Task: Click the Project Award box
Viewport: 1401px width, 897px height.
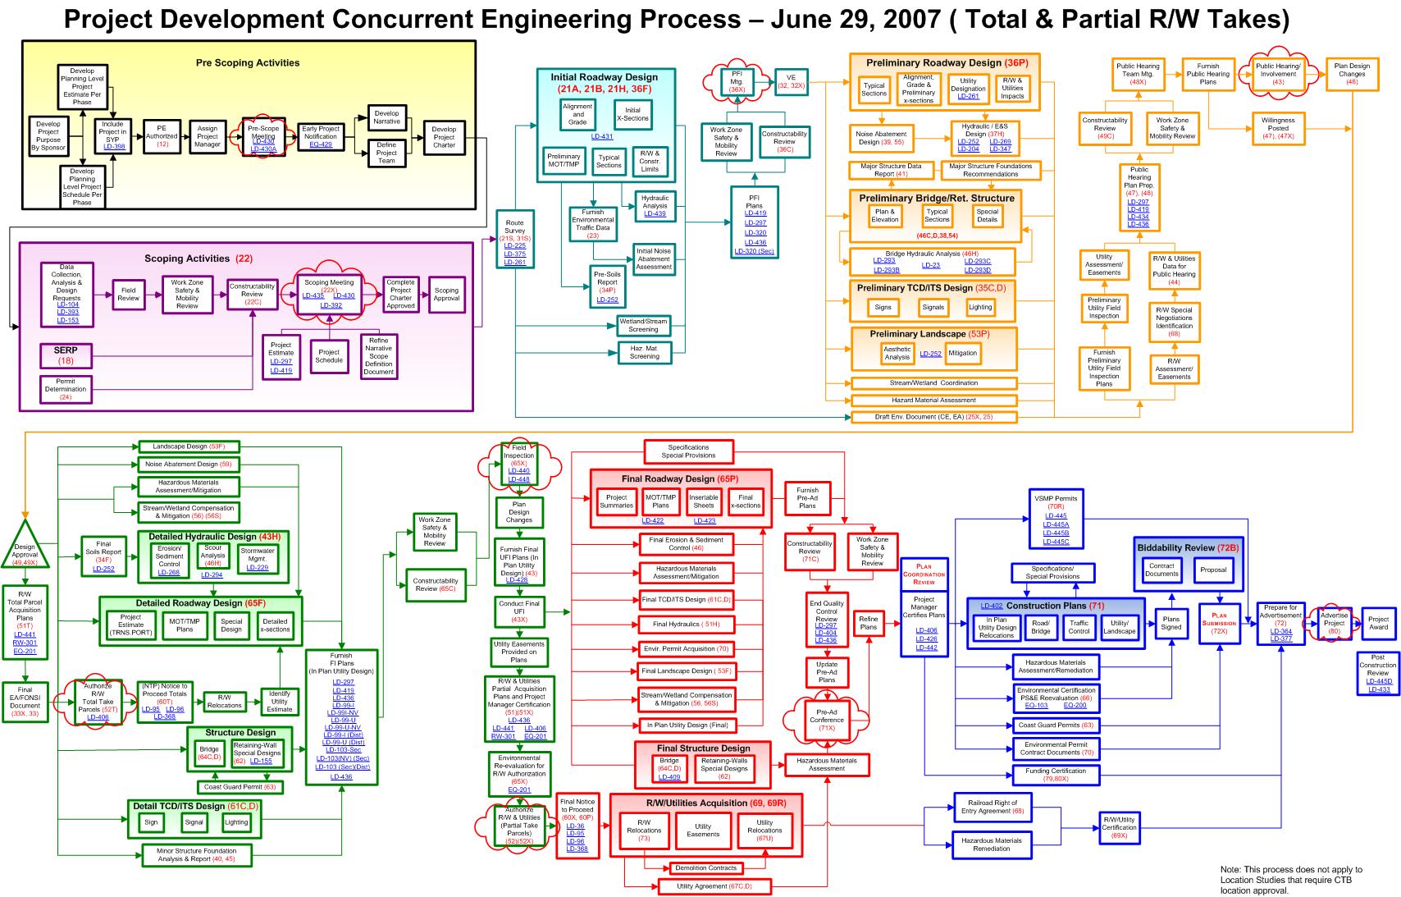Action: (x=1378, y=623)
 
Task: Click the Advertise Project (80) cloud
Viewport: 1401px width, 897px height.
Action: (x=1334, y=623)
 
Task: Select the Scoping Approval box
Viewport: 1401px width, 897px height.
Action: (x=446, y=295)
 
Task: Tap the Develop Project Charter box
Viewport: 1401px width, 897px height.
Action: (x=444, y=137)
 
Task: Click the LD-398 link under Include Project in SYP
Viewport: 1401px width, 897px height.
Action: (x=114, y=147)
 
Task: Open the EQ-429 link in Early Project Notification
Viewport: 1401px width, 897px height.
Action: (x=321, y=144)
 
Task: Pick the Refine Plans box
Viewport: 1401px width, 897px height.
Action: (x=869, y=623)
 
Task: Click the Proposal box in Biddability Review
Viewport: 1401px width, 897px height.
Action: (x=1213, y=570)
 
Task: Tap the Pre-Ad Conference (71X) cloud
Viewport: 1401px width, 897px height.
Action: (x=827, y=720)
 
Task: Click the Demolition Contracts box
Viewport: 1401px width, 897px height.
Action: (x=706, y=867)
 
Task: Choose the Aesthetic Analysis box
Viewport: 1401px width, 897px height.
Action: (x=897, y=353)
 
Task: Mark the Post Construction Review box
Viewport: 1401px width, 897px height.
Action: (x=1378, y=674)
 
